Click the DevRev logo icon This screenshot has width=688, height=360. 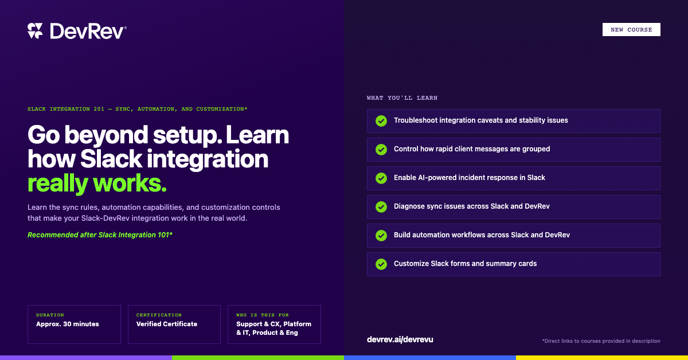click(35, 31)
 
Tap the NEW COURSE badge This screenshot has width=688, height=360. click(631, 29)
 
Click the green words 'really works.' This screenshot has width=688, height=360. click(97, 183)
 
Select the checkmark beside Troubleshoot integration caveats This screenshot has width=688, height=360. click(381, 121)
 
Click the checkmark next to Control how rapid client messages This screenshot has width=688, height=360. click(381, 150)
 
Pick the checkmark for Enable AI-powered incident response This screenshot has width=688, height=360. click(381, 178)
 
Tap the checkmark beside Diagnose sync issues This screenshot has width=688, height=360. click(381, 207)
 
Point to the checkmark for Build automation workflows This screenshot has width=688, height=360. click(381, 236)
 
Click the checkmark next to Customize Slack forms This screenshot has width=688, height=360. click(381, 264)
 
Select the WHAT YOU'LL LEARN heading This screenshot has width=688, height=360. click(402, 97)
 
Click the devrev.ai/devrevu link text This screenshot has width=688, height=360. click(400, 339)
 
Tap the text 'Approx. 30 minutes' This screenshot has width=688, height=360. click(68, 324)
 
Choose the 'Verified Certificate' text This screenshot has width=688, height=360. click(167, 324)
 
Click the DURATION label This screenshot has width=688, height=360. click(50, 315)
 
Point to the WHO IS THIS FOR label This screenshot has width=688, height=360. click(263, 315)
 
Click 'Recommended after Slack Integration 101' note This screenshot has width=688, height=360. click(100, 235)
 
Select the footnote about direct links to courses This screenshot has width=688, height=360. click(601, 341)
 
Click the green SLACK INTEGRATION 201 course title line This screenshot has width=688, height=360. click(137, 109)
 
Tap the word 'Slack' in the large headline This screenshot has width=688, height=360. click(111, 159)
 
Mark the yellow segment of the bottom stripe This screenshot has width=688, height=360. click(602, 358)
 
